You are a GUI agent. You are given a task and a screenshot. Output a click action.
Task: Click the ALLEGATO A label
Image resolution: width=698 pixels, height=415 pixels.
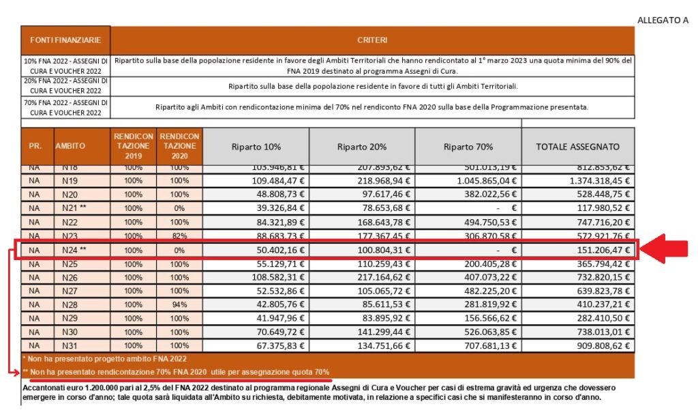[x=663, y=20]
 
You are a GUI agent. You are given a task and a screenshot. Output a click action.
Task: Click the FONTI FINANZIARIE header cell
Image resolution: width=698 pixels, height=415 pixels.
[x=65, y=41]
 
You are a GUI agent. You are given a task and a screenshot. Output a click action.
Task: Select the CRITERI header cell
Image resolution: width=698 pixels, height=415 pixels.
[x=372, y=41]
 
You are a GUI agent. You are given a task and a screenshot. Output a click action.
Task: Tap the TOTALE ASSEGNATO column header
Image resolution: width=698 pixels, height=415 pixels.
[x=578, y=147]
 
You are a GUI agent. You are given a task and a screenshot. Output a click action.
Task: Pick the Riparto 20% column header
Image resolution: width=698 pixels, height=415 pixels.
[x=362, y=147]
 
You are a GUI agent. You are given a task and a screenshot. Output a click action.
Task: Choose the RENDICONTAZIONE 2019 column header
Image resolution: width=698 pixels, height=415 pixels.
[x=133, y=146]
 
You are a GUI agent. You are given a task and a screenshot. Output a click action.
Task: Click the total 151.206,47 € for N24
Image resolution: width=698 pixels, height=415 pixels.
[x=601, y=250]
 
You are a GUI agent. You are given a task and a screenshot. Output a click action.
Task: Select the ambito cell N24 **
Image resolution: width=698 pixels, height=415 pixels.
[x=74, y=250]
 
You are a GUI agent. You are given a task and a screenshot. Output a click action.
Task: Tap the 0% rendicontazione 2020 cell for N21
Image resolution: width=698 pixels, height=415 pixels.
[x=179, y=208]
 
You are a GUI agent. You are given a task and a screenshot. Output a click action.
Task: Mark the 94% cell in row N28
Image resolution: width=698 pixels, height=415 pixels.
[x=179, y=305]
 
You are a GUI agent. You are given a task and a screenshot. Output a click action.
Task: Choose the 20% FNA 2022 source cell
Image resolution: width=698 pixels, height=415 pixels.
[x=65, y=86]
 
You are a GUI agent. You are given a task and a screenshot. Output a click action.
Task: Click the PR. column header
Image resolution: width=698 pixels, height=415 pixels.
[x=35, y=147]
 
